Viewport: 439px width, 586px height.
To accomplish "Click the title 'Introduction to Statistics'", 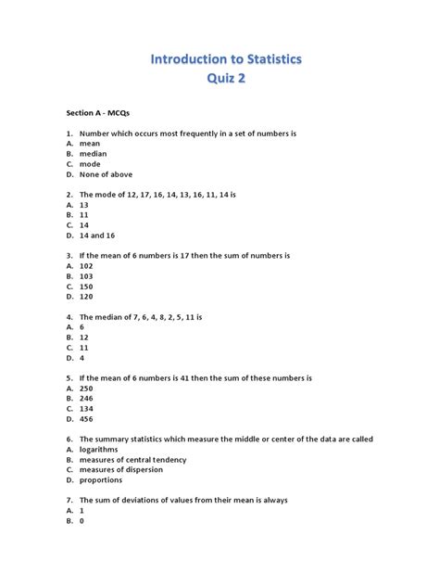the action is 226,59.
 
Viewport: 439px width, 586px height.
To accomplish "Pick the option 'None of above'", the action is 106,174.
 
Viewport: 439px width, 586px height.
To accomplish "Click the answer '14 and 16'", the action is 98,235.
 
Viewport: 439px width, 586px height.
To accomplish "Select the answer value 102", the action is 86,265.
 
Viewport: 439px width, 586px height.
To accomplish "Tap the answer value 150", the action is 86,286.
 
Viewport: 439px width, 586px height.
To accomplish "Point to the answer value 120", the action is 86,296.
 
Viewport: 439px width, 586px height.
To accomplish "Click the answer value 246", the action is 86,398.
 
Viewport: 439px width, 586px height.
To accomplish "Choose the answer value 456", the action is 86,418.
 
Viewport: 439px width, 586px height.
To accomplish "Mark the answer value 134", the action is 86,408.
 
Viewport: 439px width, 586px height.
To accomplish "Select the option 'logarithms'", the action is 99,449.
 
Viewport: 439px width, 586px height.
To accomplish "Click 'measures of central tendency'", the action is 132,459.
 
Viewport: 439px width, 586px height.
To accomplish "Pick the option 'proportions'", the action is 101,479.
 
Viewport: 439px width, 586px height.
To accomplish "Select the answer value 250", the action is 86,388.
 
